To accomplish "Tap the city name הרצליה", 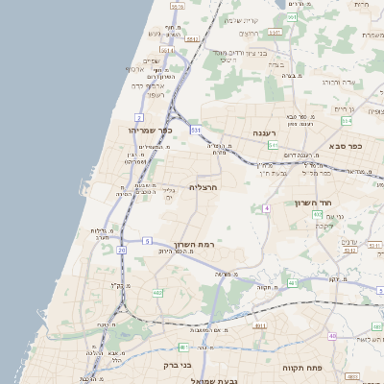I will pyautogui.click(x=203, y=187).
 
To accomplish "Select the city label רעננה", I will pyautogui.click(x=264, y=132).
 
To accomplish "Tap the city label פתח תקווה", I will pyautogui.click(x=300, y=368).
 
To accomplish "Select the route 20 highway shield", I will pyautogui.click(x=122, y=251).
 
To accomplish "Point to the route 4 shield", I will pyautogui.click(x=266, y=206).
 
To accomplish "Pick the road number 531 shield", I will pyautogui.click(x=196, y=129).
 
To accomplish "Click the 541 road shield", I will pyautogui.click(x=273, y=144).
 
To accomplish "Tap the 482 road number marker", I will pyautogui.click(x=157, y=293).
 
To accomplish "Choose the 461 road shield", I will pyautogui.click(x=182, y=346).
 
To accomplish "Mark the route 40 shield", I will pyautogui.click(x=332, y=336).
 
